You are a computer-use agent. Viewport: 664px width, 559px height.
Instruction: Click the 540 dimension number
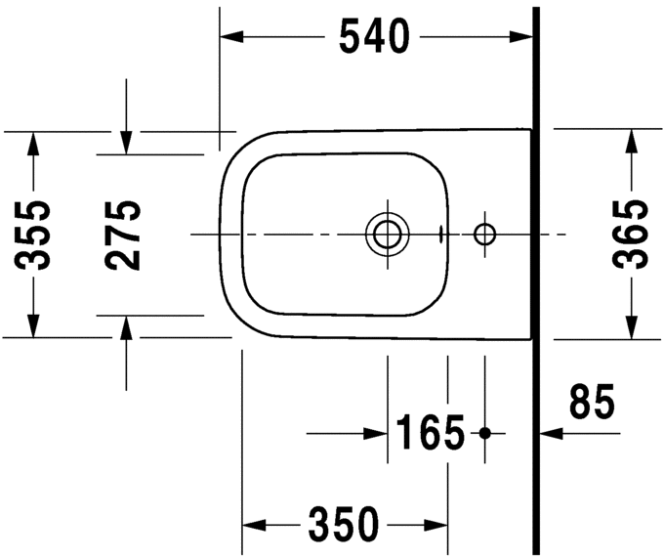point(374,37)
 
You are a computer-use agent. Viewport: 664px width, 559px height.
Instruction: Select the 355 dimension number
point(34,235)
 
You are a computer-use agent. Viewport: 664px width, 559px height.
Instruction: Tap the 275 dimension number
point(124,235)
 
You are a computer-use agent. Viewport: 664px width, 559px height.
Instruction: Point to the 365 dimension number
point(630,235)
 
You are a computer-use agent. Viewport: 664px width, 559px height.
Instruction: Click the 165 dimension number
point(430,432)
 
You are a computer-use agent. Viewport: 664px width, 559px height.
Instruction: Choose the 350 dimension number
point(344,525)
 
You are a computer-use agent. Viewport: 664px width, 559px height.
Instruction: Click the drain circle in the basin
point(387,235)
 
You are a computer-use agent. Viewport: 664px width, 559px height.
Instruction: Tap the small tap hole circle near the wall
point(484,235)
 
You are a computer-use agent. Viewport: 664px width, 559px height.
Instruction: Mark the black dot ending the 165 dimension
point(485,432)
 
